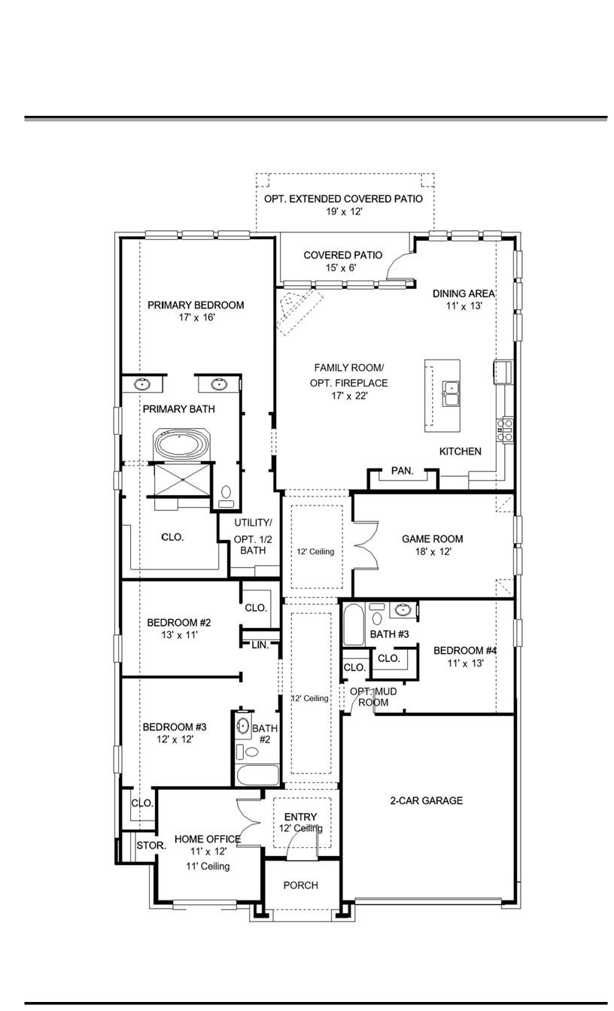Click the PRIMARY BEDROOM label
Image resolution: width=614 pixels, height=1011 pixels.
tap(196, 305)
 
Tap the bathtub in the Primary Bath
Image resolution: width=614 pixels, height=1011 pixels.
tap(178, 445)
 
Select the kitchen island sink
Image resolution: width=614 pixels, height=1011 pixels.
tap(451, 393)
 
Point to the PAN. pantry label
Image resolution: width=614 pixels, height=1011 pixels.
tap(402, 471)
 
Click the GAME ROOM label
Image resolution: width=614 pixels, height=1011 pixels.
tap(432, 539)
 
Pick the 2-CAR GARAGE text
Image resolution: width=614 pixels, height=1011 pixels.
tap(426, 800)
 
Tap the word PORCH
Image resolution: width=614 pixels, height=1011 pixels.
tap(300, 885)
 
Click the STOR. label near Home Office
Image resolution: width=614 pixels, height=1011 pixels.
tap(150, 846)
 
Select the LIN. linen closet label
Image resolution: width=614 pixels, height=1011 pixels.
tap(260, 645)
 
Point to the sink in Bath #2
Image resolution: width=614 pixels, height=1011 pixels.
tap(243, 727)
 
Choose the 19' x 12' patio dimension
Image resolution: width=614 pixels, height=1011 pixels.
tap(345, 212)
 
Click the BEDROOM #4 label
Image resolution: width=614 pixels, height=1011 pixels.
tap(464, 651)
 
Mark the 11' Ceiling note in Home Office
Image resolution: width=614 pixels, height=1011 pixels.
tap(208, 866)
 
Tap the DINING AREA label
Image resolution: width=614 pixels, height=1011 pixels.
tap(463, 293)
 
